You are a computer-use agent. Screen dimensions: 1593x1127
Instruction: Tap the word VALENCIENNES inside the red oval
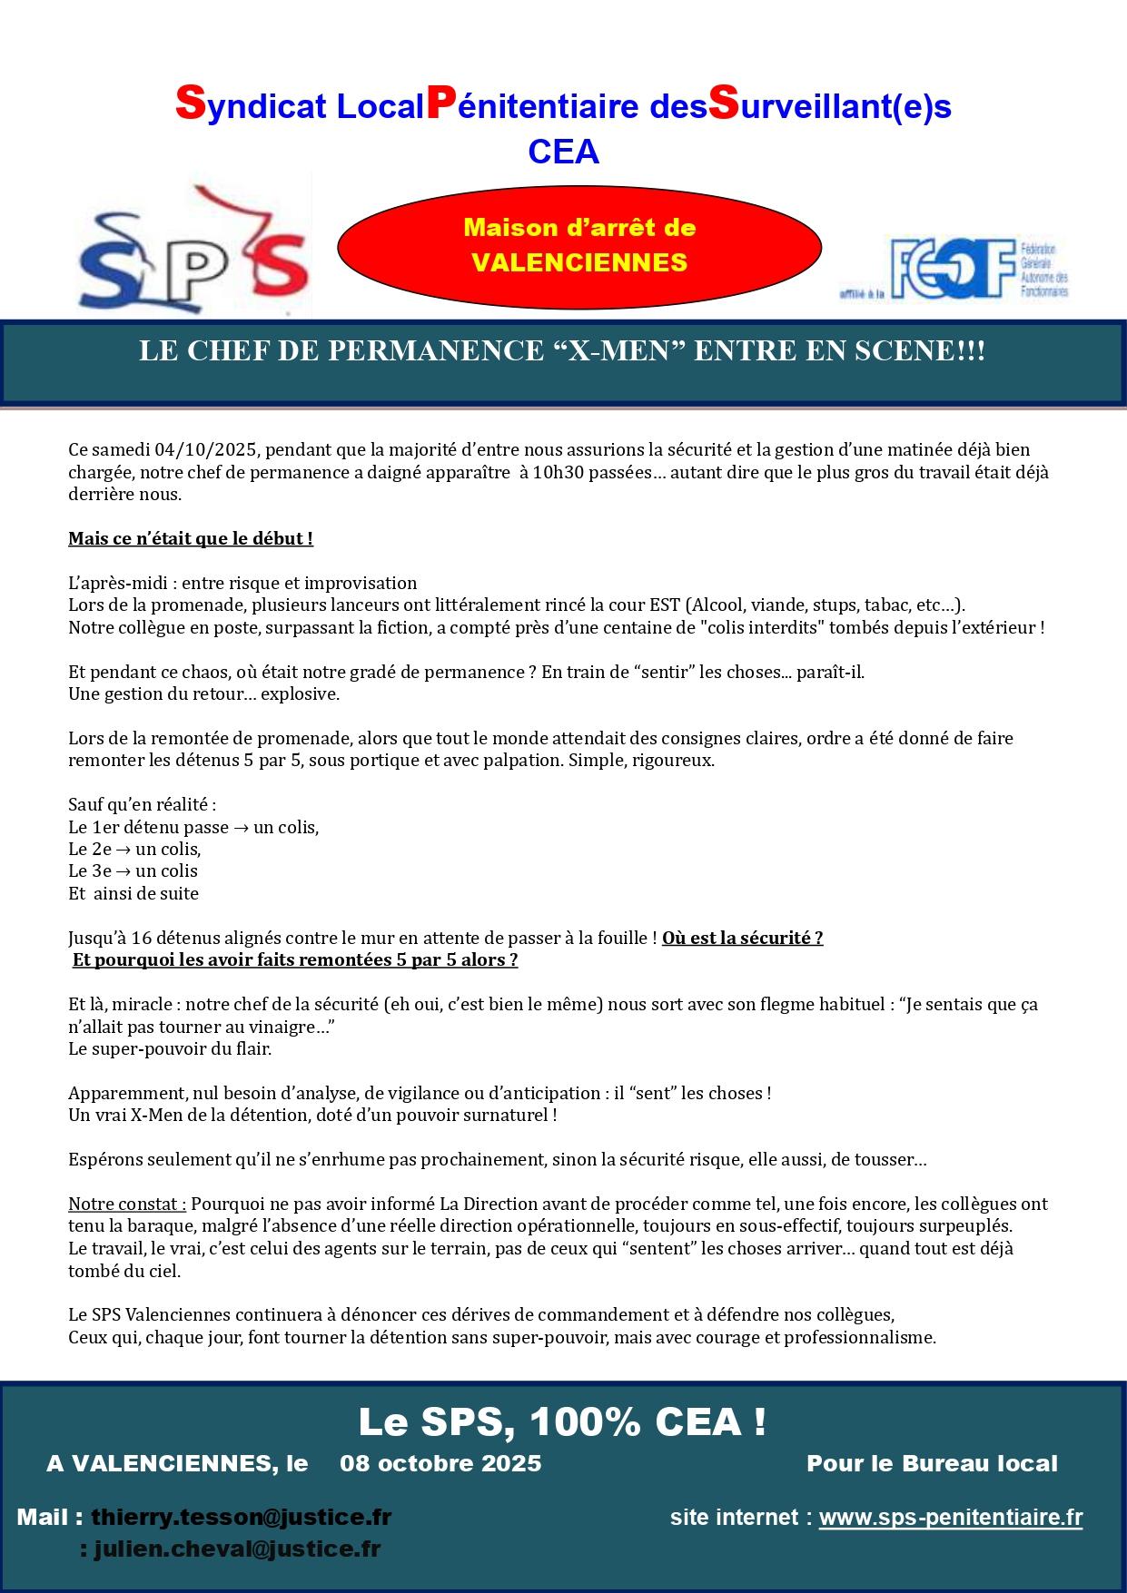pyautogui.click(x=579, y=262)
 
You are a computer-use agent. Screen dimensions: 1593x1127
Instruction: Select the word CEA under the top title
pyautogui.click(x=563, y=152)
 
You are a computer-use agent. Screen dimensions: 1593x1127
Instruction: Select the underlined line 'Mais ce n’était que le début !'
pyautogui.click(x=191, y=538)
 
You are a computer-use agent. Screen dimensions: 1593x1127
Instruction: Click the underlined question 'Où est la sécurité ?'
pyautogui.click(x=743, y=938)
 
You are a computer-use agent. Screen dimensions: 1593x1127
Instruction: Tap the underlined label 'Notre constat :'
pyautogui.click(x=127, y=1204)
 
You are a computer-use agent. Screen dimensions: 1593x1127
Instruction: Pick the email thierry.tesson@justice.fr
pyautogui.click(x=241, y=1517)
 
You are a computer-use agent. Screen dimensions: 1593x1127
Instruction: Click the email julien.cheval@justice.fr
pyautogui.click(x=237, y=1549)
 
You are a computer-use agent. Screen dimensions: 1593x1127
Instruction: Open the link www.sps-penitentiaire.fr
pyautogui.click(x=951, y=1517)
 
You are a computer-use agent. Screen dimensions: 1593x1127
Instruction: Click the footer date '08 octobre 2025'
pyautogui.click(x=440, y=1463)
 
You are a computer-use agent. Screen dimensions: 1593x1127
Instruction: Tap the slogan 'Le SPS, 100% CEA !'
pyautogui.click(x=563, y=1421)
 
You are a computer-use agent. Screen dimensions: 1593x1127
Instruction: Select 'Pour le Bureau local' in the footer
pyautogui.click(x=932, y=1463)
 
